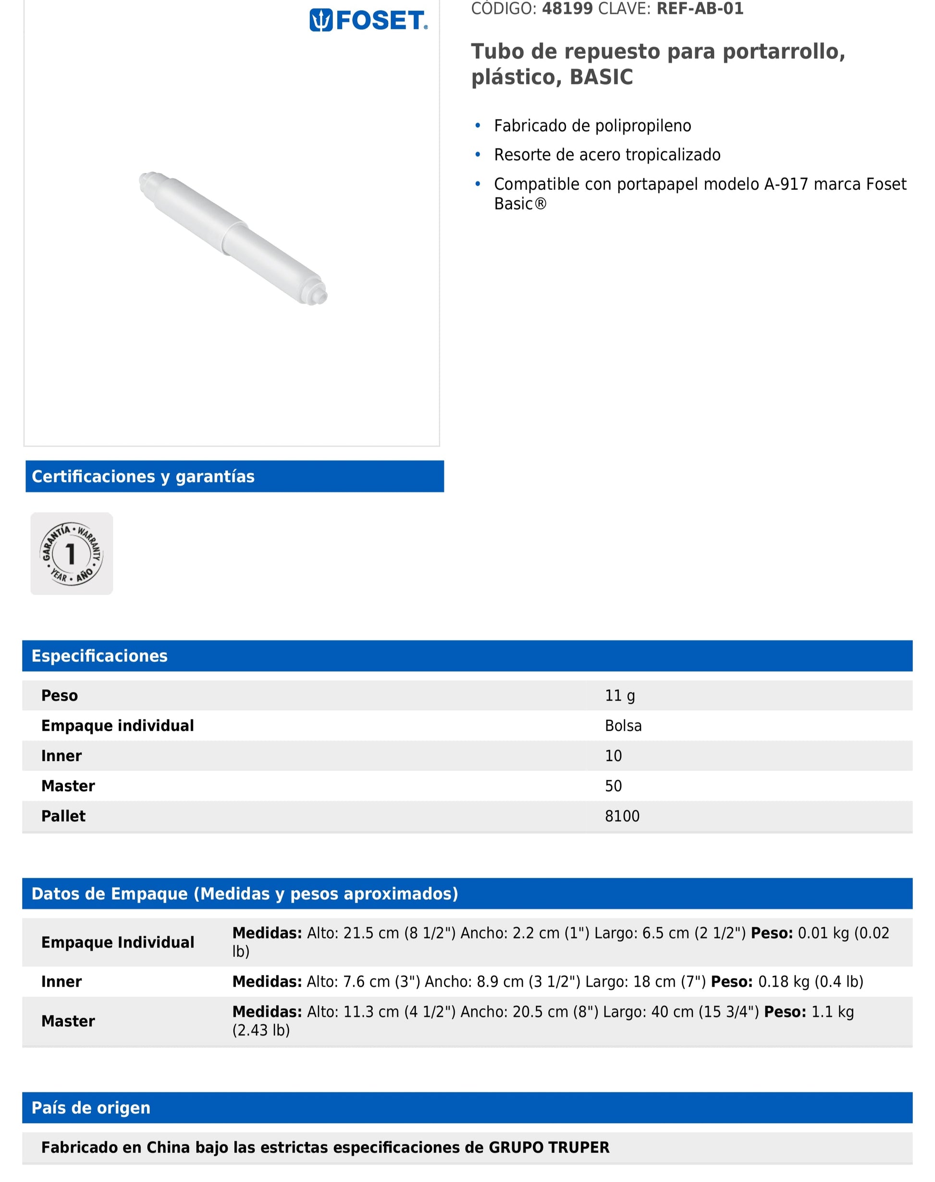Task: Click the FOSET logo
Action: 368,20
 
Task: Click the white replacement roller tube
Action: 233,238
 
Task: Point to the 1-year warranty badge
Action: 72,554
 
